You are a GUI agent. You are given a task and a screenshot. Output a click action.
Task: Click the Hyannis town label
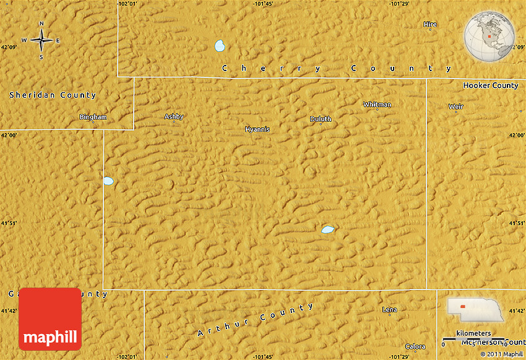click(257, 129)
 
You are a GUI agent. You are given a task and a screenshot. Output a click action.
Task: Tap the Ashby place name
click(174, 116)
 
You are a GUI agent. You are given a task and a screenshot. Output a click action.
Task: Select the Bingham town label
click(93, 117)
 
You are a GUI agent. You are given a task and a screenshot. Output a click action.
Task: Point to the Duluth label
click(321, 119)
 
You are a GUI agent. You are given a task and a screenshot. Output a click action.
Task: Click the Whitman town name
click(377, 105)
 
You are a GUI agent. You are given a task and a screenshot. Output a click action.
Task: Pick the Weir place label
click(455, 106)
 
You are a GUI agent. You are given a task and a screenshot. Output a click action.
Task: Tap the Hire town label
click(430, 25)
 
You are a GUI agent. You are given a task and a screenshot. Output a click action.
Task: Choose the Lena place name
click(390, 309)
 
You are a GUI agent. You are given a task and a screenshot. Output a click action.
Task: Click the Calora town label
click(415, 346)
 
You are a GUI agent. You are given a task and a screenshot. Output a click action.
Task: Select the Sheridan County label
click(53, 95)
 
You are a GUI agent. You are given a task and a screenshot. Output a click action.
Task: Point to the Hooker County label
click(491, 85)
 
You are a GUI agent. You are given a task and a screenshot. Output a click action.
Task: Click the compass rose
click(41, 41)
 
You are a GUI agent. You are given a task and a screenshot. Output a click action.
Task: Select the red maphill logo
click(50, 319)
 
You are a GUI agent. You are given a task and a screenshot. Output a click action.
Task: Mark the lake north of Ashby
click(220, 46)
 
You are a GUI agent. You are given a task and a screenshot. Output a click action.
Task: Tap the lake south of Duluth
click(327, 229)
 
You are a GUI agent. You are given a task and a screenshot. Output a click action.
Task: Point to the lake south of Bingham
click(108, 181)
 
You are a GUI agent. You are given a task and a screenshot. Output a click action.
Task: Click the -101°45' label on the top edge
click(263, 4)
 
